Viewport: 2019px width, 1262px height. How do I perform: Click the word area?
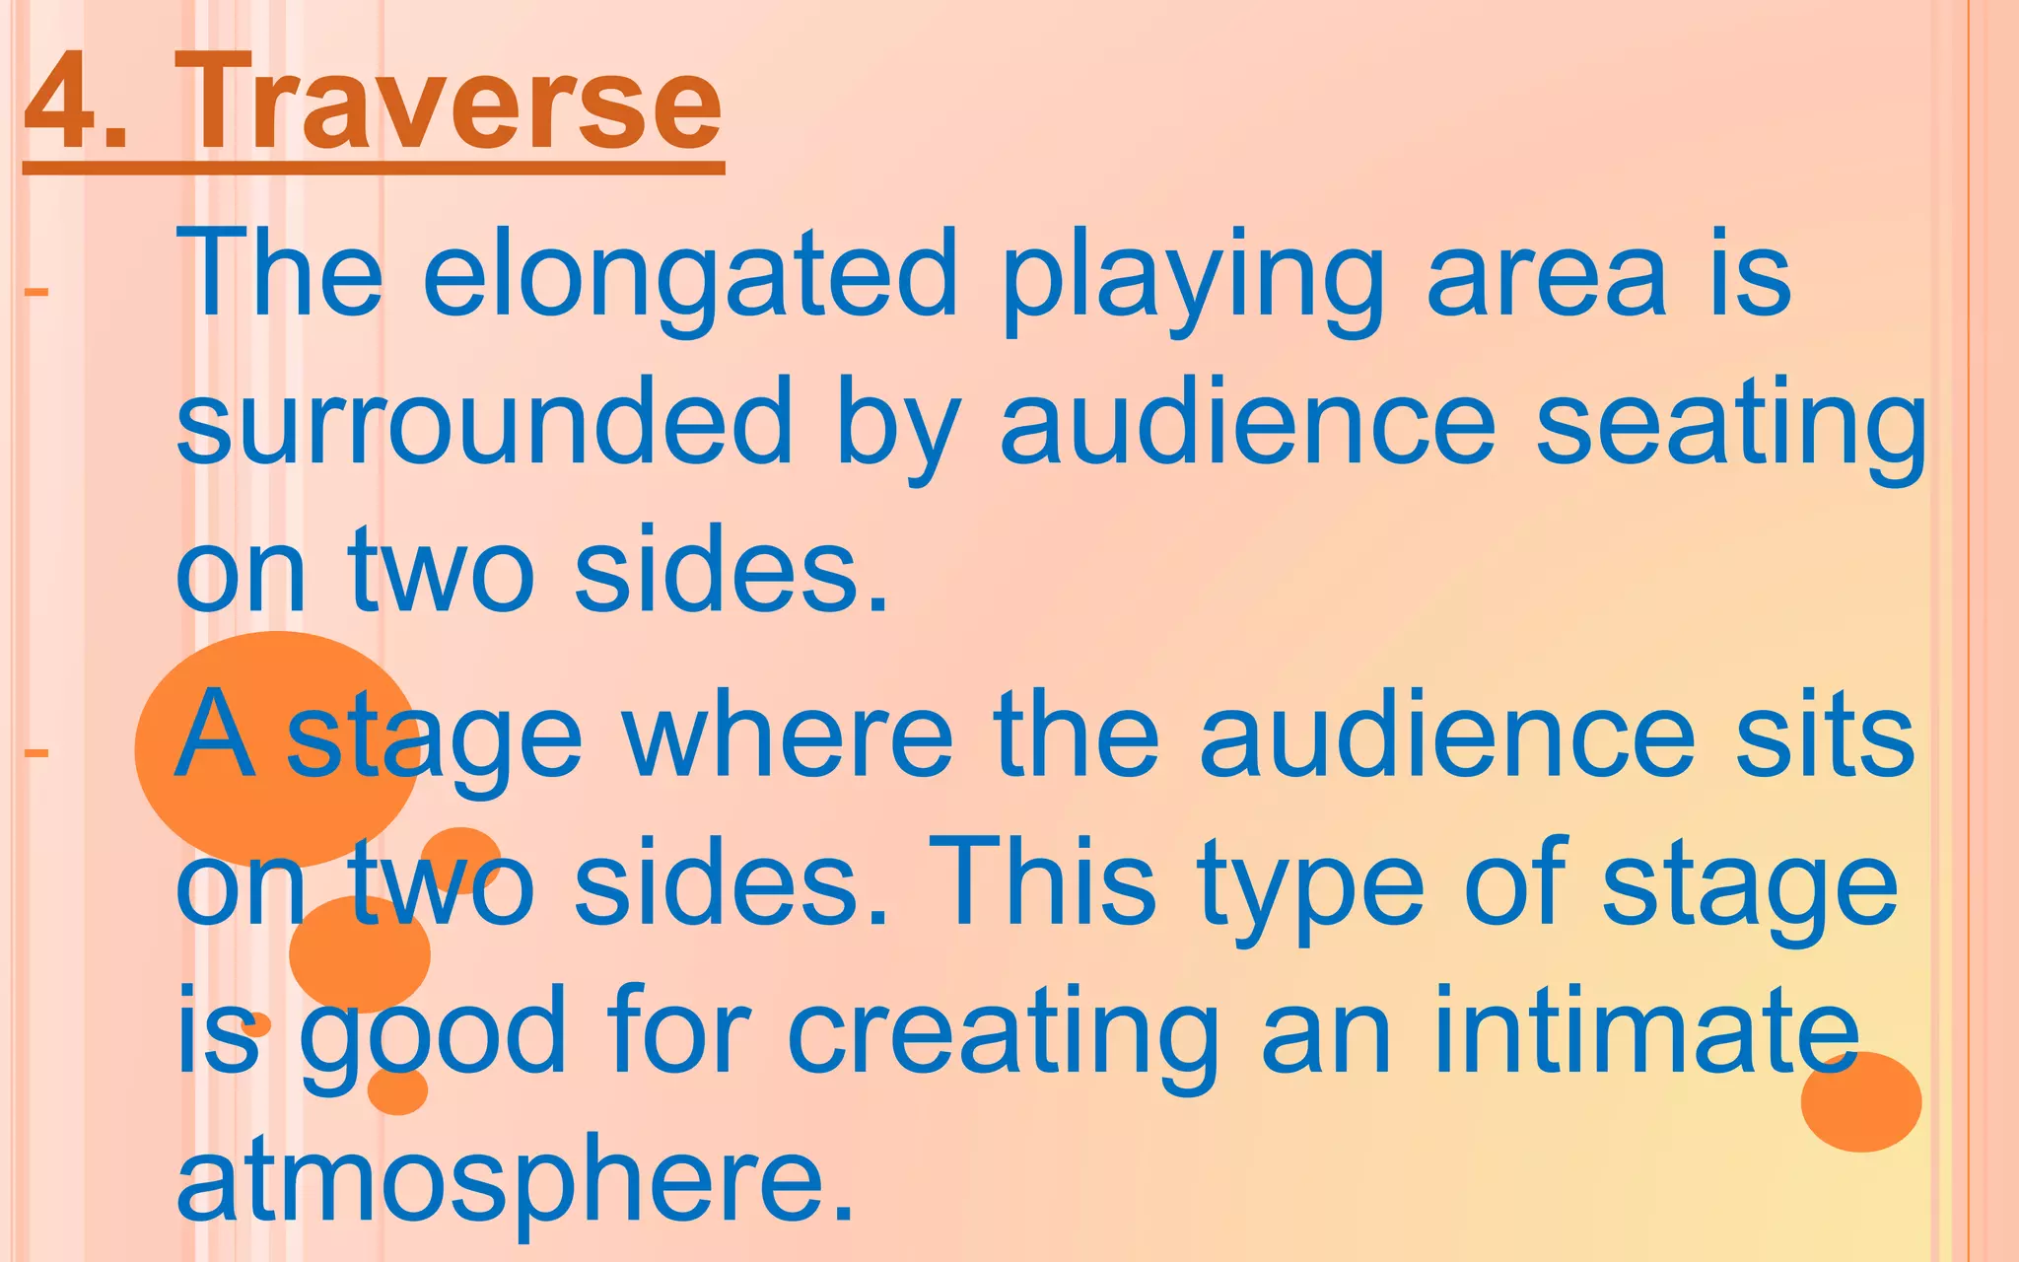tap(1548, 276)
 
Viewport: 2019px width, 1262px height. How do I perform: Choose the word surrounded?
tap(483, 424)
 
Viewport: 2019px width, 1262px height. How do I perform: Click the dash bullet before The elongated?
tap(36, 292)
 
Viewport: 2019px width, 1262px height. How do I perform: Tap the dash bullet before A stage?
tap(36, 753)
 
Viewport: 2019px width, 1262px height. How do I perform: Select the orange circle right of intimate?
tap(1861, 1102)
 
